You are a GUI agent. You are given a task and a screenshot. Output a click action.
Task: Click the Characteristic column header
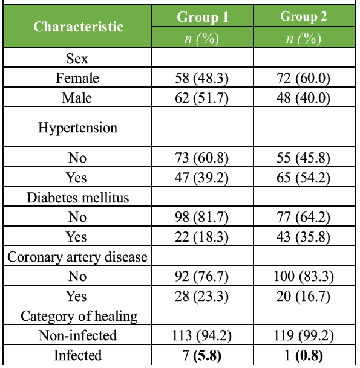pyautogui.click(x=78, y=27)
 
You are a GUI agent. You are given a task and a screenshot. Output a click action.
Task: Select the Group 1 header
pyautogui.click(x=202, y=17)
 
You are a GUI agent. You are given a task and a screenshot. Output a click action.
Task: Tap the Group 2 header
pyautogui.click(x=303, y=16)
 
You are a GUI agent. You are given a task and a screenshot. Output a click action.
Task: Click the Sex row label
pyautogui.click(x=77, y=58)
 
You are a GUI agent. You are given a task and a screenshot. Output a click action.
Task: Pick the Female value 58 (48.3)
pyautogui.click(x=201, y=78)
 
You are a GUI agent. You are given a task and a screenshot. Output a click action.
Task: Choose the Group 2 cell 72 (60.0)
pyautogui.click(x=303, y=78)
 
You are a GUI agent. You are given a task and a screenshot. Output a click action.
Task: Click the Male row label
pyautogui.click(x=77, y=98)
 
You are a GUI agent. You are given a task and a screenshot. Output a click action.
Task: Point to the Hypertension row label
pyautogui.click(x=77, y=128)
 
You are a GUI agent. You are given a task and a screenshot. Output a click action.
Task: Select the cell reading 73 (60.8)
pyautogui.click(x=201, y=157)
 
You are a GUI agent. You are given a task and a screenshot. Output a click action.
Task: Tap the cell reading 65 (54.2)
pyautogui.click(x=303, y=177)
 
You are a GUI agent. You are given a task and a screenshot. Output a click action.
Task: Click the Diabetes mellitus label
pyautogui.click(x=77, y=198)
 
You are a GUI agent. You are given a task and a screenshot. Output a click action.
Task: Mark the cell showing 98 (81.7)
pyautogui.click(x=201, y=216)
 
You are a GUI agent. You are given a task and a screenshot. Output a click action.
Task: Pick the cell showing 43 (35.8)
pyautogui.click(x=303, y=237)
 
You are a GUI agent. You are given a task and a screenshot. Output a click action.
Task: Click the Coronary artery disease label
pyautogui.click(x=77, y=257)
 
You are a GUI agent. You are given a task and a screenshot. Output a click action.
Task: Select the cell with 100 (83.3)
pyautogui.click(x=304, y=276)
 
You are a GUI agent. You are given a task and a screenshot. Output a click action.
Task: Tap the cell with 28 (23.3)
pyautogui.click(x=201, y=296)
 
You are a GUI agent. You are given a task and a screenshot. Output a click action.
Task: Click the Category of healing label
pyautogui.click(x=79, y=317)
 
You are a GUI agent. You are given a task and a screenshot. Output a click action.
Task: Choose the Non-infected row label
pyautogui.click(x=77, y=335)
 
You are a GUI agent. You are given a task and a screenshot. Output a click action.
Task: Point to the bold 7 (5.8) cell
pyautogui.click(x=201, y=355)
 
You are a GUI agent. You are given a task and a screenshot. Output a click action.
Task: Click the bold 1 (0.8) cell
pyautogui.click(x=304, y=355)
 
